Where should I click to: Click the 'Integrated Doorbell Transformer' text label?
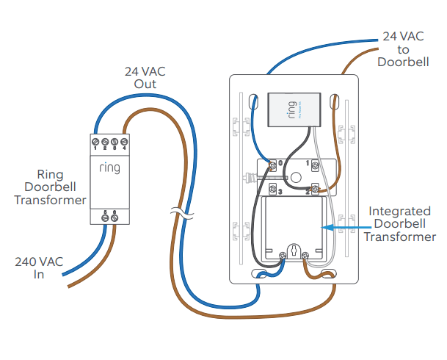click(x=399, y=223)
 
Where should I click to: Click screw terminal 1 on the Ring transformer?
click(x=95, y=140)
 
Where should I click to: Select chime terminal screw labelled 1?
click(x=315, y=162)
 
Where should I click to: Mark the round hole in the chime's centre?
click(x=294, y=177)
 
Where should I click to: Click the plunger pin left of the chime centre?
click(x=250, y=176)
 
